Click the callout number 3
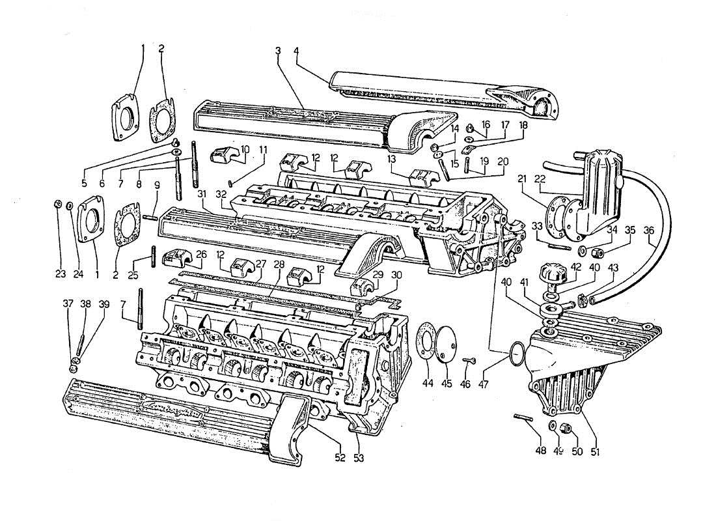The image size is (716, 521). pyautogui.click(x=278, y=50)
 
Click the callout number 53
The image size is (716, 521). pyautogui.click(x=359, y=458)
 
